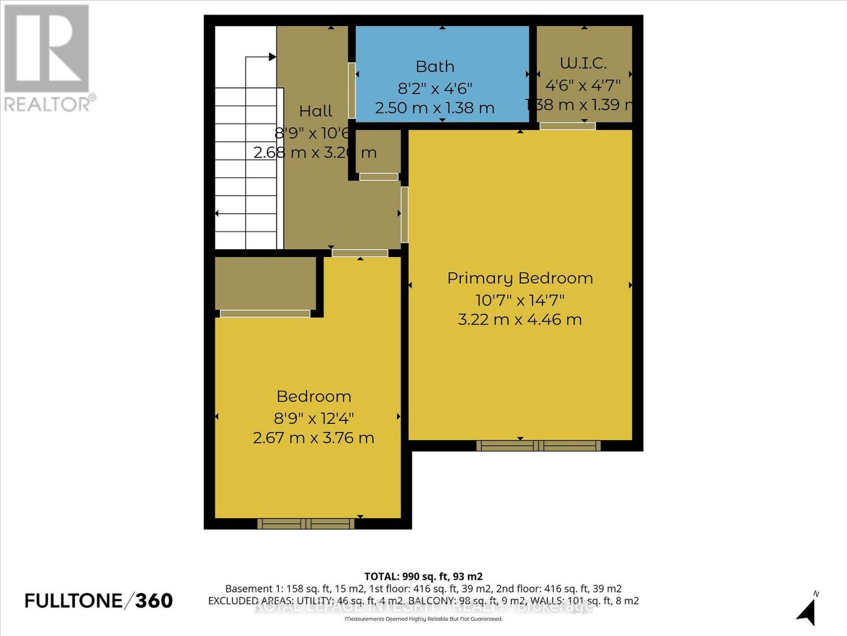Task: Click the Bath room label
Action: click(x=435, y=67)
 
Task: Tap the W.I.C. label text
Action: click(x=583, y=63)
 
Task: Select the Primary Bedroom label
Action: click(x=520, y=278)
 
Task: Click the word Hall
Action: click(x=316, y=111)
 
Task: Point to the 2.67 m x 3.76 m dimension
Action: click(x=313, y=438)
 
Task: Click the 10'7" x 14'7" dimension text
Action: click(x=520, y=301)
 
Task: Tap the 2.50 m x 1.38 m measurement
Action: click(x=435, y=108)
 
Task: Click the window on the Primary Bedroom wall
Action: click(x=538, y=446)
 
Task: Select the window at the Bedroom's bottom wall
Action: click(x=305, y=524)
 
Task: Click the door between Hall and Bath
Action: click(x=352, y=91)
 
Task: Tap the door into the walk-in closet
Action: click(x=567, y=126)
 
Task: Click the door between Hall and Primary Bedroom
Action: click(x=404, y=215)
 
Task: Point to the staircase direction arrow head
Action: click(x=272, y=57)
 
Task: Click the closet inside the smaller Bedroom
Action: click(x=265, y=284)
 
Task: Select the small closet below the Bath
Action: click(x=378, y=152)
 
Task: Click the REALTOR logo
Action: click(x=48, y=58)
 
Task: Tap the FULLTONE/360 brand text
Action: click(x=99, y=600)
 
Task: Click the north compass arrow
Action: click(x=807, y=612)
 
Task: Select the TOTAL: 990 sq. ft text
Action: click(x=423, y=577)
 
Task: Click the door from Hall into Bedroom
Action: click(x=360, y=253)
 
